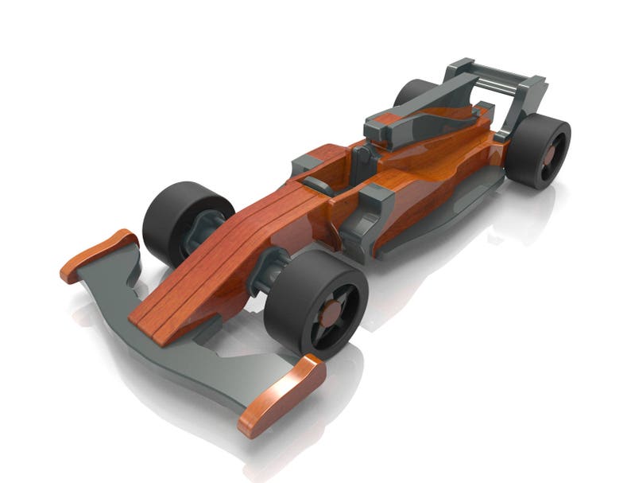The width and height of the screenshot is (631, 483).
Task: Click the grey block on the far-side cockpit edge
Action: pyautogui.click(x=305, y=164)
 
